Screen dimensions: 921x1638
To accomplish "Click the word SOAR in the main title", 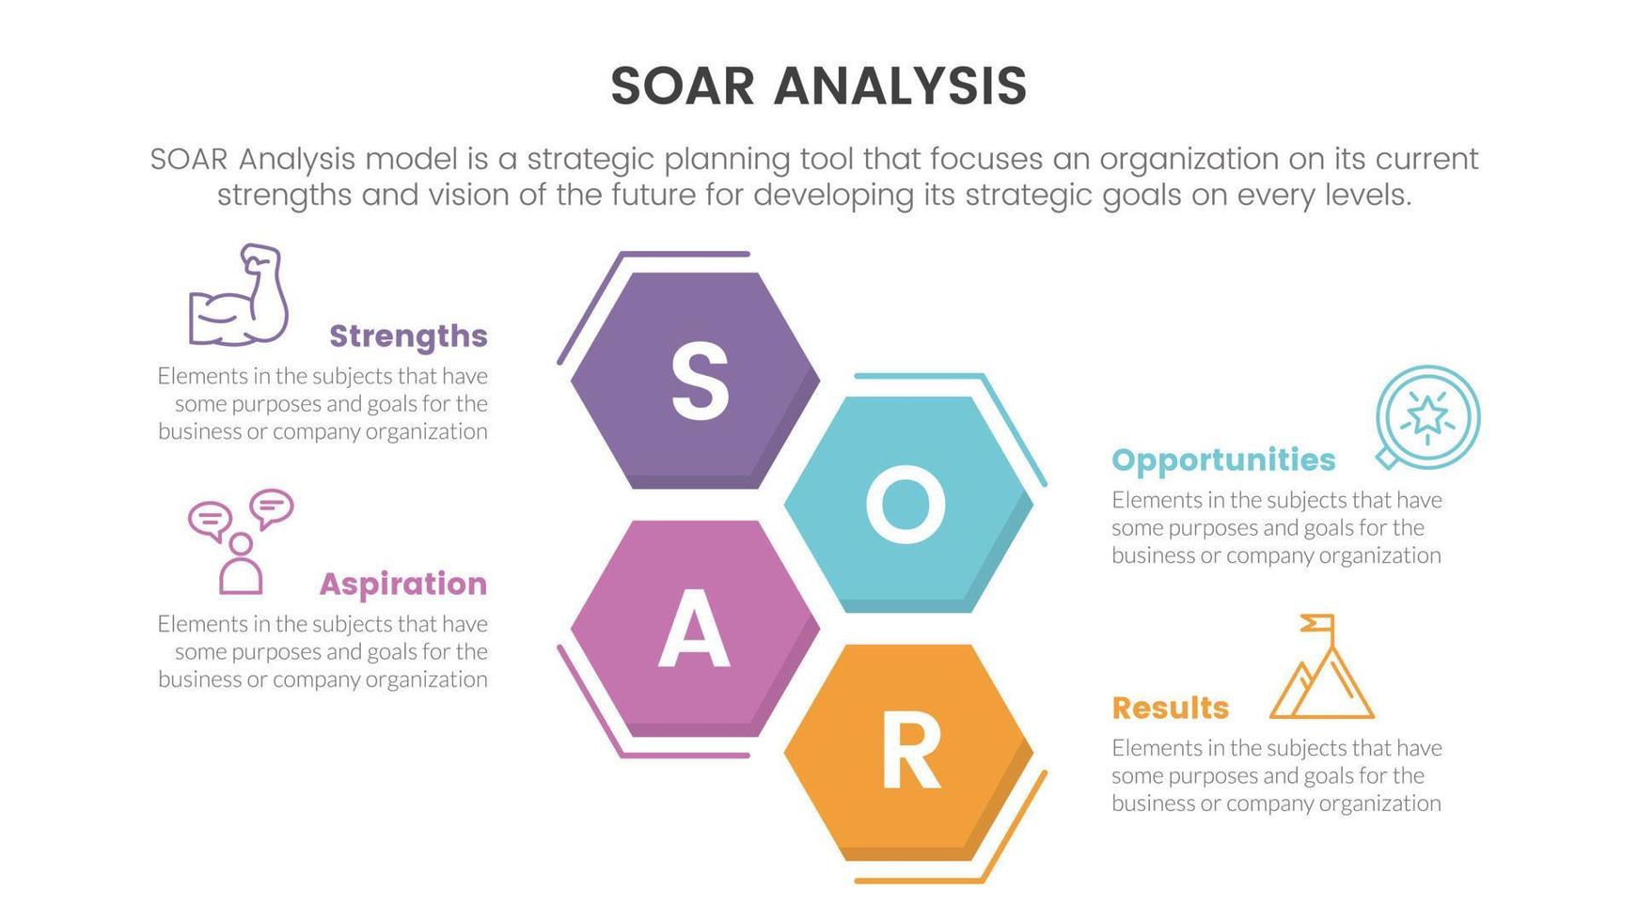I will click(x=683, y=86).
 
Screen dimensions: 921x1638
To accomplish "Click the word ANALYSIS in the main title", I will click(x=900, y=86).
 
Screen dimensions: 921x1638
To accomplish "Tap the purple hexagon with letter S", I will click(x=695, y=380).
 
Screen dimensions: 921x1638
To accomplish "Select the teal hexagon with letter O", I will click(x=908, y=504).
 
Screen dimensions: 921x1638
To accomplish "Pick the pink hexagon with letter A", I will click(x=695, y=628).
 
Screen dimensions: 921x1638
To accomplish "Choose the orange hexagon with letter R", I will click(x=908, y=752).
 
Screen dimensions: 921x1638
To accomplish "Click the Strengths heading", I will click(x=408, y=336).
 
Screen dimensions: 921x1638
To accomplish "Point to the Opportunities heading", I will click(x=1222, y=460).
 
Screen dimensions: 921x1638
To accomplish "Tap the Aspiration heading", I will click(x=402, y=584).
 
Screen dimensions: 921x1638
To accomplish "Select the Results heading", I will click(x=1170, y=708).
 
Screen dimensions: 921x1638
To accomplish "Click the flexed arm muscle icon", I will click(x=239, y=296).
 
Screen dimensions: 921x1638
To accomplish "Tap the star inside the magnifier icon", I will click(x=1427, y=414).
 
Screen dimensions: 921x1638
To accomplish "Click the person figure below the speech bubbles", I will click(x=241, y=565).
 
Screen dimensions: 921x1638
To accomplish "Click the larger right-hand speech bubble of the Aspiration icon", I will click(x=272, y=507).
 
